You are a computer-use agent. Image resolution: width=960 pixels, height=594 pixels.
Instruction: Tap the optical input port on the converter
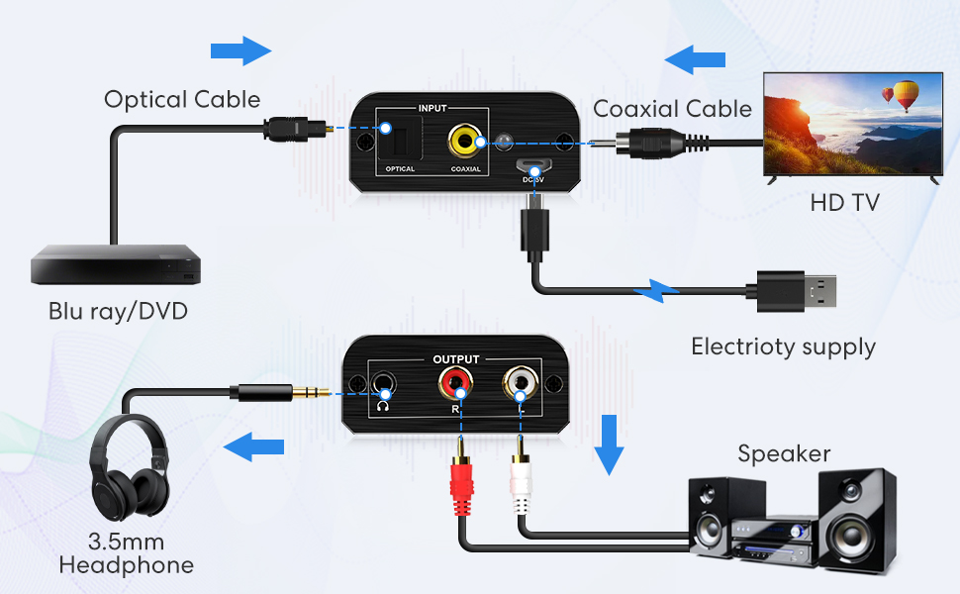coord(400,138)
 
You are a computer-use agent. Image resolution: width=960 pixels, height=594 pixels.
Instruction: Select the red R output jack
coord(456,379)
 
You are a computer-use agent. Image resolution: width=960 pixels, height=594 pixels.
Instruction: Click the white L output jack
coord(519,379)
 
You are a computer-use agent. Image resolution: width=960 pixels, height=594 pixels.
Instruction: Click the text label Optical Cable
coord(182,100)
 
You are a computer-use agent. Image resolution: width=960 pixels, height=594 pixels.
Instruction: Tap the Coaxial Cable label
coord(672,109)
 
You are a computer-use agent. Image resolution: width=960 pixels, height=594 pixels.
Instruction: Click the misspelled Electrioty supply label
coord(783,346)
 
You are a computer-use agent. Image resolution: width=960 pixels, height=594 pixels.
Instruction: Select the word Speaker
coord(784,453)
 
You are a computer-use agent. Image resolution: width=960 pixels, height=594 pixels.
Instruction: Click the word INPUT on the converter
coord(433,108)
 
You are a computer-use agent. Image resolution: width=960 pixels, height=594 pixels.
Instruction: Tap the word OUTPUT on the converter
coord(456,358)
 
